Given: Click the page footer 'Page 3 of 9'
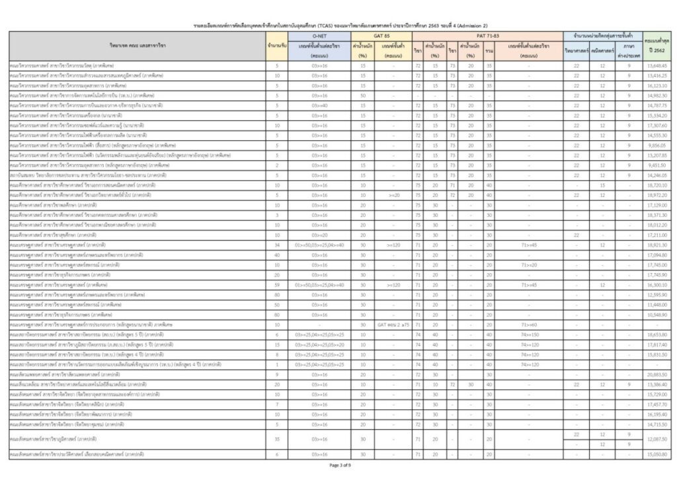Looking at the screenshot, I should pyautogui.click(x=340, y=465).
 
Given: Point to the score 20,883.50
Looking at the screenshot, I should pyautogui.click(x=658, y=374).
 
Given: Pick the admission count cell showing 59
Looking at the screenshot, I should pyautogui.click(x=277, y=284).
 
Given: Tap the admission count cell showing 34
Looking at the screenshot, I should pyautogui.click(x=277, y=245).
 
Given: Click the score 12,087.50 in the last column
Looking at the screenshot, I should pyautogui.click(x=658, y=439).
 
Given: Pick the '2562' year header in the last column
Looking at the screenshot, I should pyautogui.click(x=658, y=50).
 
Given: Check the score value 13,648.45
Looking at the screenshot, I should pyautogui.click(x=658, y=65).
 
